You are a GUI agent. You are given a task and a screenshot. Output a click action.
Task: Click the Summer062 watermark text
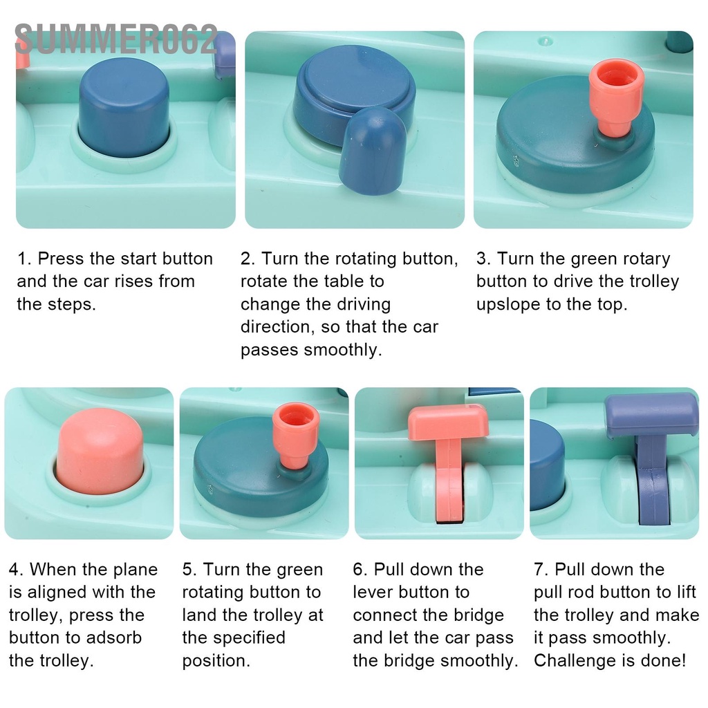click(116, 39)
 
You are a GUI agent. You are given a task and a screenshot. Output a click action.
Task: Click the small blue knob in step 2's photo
click(373, 149)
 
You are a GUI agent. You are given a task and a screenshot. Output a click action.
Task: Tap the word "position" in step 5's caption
click(216, 660)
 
